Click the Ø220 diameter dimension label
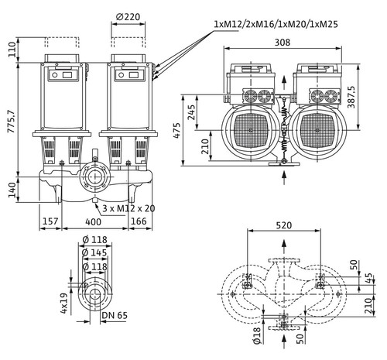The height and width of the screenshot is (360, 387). click(x=128, y=17)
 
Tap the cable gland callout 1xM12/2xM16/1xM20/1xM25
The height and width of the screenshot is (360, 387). click(x=276, y=24)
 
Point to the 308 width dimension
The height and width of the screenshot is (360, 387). click(x=283, y=42)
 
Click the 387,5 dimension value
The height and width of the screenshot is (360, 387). click(x=351, y=97)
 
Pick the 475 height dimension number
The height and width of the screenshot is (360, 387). click(x=177, y=131)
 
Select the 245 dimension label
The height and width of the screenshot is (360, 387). click(x=191, y=112)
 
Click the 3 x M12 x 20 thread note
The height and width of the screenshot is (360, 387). click(x=128, y=208)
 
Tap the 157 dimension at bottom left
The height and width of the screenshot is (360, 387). click(x=50, y=221)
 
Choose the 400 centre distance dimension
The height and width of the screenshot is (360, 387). click(x=93, y=221)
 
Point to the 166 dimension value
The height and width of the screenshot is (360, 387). click(x=139, y=221)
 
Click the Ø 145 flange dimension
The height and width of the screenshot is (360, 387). click(x=94, y=252)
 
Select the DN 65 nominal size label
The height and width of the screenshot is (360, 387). click(x=115, y=315)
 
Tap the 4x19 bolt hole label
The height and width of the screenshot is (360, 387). click(x=64, y=303)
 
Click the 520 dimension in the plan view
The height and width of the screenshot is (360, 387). click(x=284, y=225)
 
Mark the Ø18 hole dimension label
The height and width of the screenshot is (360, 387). click(x=257, y=335)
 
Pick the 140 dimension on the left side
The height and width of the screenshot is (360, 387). click(x=12, y=190)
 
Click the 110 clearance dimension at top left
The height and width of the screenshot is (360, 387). click(x=12, y=50)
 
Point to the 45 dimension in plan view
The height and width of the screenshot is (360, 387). click(x=369, y=278)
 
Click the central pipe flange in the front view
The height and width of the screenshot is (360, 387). click(x=95, y=177)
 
